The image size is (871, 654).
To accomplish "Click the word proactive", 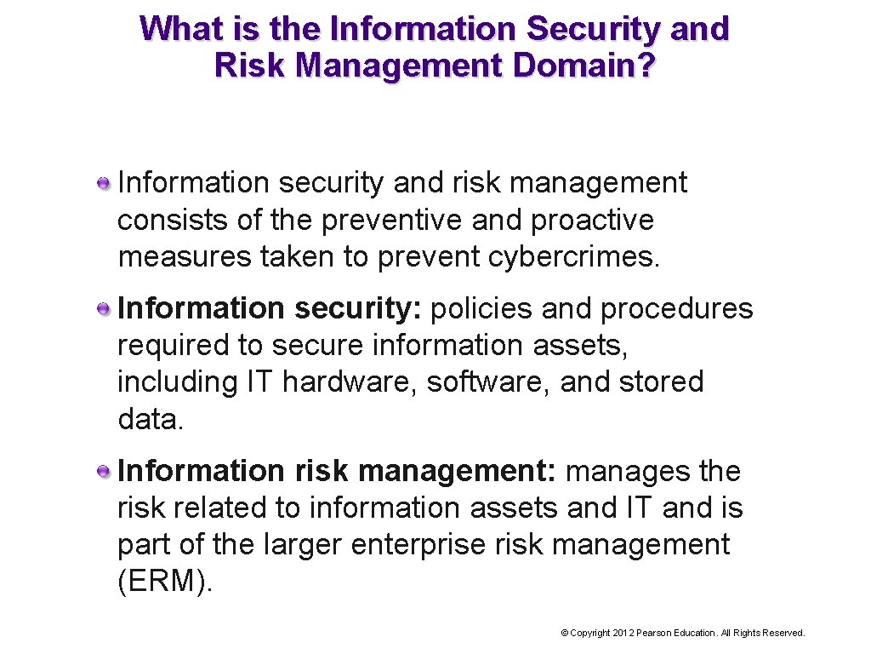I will point(592,220).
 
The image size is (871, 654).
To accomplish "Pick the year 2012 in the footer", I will point(623,633).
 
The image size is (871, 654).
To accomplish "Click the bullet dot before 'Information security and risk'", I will point(103,183).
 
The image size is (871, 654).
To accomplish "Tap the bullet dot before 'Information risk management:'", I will point(103,471).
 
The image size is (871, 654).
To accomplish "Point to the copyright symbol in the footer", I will point(564,633).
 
